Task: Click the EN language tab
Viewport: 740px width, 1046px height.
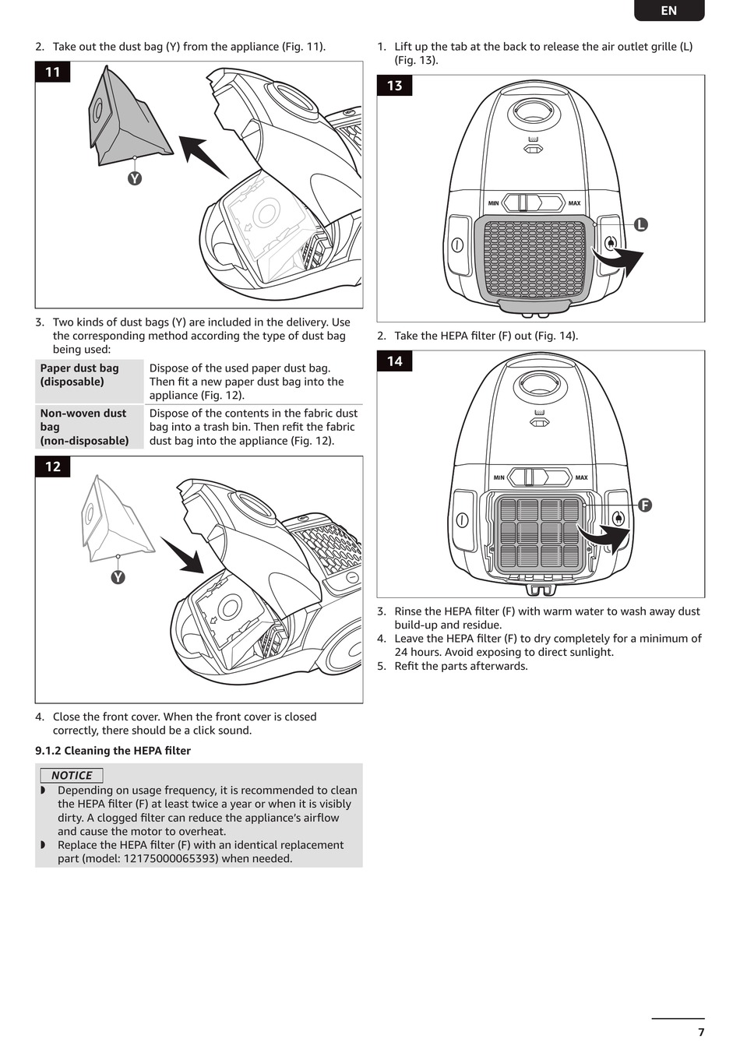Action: (668, 10)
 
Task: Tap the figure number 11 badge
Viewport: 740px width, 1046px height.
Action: (52, 72)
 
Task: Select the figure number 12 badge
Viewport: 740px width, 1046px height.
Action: (52, 467)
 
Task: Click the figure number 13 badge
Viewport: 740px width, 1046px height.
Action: (394, 86)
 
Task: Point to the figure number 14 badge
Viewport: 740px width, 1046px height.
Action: (394, 361)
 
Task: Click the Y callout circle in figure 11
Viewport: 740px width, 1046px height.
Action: (135, 178)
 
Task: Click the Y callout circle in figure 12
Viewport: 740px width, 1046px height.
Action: (118, 577)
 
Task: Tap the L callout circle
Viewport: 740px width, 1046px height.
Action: (640, 224)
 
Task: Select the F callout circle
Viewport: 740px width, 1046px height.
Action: (644, 505)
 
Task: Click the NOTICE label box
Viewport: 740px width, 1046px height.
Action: (72, 775)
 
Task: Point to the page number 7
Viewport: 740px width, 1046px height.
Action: (701, 1032)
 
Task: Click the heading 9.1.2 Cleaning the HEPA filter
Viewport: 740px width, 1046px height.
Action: (113, 751)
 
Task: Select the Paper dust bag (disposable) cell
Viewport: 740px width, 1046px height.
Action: (89, 381)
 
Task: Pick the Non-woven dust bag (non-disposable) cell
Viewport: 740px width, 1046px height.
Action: (89, 427)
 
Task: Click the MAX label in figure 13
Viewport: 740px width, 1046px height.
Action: (574, 203)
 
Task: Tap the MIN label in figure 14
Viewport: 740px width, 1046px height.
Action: (499, 477)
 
